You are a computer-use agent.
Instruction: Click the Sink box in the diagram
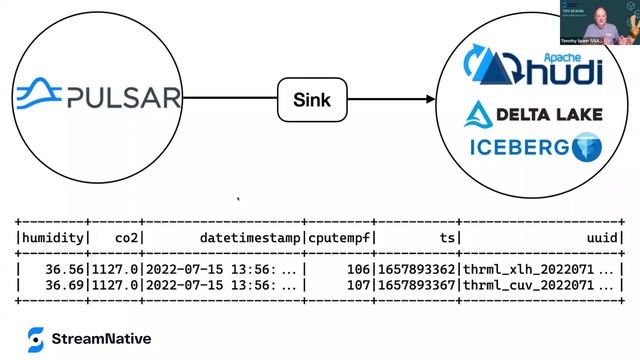[x=310, y=99]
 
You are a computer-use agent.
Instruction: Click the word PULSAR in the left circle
[x=123, y=98]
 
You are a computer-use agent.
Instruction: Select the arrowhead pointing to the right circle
[x=430, y=99]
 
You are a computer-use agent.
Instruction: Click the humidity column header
[x=53, y=237]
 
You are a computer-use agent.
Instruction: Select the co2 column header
[x=128, y=237]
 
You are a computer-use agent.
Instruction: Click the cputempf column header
[x=341, y=237]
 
